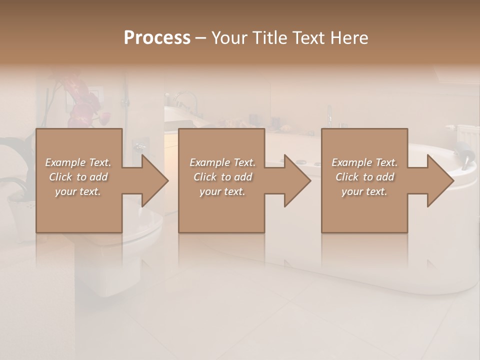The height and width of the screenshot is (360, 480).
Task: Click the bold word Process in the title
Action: [x=157, y=38]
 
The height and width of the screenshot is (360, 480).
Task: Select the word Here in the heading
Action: [x=350, y=38]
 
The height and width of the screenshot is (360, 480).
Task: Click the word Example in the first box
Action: [x=65, y=162]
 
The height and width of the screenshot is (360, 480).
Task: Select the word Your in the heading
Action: [x=228, y=38]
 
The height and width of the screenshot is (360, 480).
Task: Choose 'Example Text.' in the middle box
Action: [x=222, y=162]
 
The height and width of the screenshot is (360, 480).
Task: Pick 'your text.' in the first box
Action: [x=78, y=191]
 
